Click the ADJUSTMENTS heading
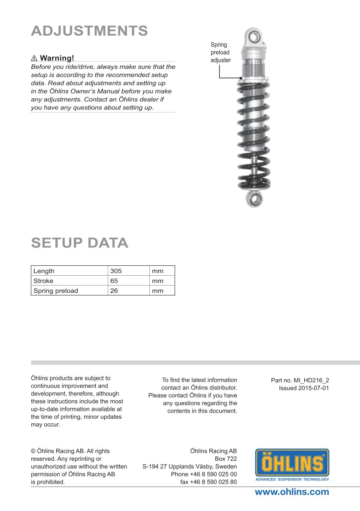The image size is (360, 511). (90, 31)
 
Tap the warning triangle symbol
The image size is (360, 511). (34, 58)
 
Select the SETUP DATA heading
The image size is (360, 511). (80, 243)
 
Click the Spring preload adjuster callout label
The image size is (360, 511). (221, 52)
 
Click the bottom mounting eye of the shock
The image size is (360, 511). (254, 199)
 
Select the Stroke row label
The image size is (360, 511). (43, 281)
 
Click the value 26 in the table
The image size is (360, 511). (114, 291)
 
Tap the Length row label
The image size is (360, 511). (44, 271)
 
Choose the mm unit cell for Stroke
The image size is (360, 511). (157, 281)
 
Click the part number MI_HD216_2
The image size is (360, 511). (311, 380)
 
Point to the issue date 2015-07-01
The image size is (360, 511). (315, 388)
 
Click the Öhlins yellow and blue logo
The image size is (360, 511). (292, 463)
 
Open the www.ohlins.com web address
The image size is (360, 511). (292, 492)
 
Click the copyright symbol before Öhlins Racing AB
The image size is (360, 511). (33, 451)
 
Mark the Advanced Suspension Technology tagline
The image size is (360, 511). (292, 479)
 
